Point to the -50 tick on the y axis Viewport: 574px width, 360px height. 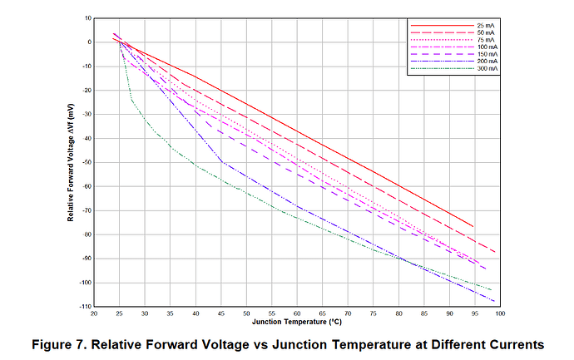tap(86, 162)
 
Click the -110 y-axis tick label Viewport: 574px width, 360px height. tap(84, 307)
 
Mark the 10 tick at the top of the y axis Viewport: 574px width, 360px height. tap(87, 17)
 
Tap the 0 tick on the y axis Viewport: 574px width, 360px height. tap(89, 42)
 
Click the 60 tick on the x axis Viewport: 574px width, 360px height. tap(297, 313)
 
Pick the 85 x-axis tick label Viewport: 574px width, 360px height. tap(424, 313)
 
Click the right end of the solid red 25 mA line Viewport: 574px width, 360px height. tap(473, 226)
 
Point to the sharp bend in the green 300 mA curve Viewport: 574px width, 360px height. tap(131, 101)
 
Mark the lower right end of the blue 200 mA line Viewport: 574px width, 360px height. tap(495, 301)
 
